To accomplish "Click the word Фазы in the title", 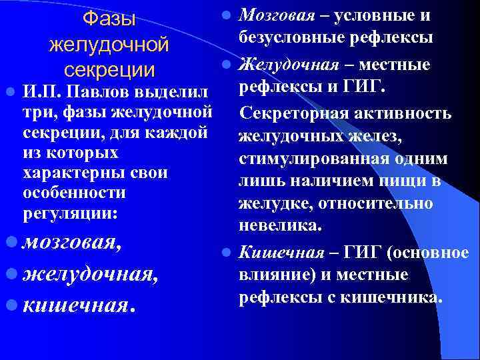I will point(109,21).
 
